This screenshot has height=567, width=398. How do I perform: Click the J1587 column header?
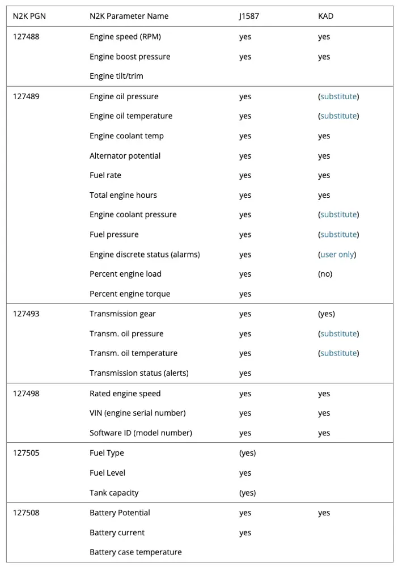(x=249, y=16)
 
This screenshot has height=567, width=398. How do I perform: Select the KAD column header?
(x=325, y=16)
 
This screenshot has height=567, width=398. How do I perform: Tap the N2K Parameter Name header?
(x=129, y=16)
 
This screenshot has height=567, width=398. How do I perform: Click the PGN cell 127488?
(x=26, y=37)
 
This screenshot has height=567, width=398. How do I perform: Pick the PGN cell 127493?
(x=26, y=314)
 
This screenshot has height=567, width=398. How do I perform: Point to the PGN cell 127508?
(x=26, y=513)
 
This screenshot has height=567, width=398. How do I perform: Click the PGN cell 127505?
(x=26, y=453)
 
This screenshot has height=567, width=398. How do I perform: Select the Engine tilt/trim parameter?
(x=116, y=76)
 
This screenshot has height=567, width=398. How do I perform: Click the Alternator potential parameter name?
(x=125, y=155)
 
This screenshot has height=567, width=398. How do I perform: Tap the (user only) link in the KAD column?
(x=337, y=255)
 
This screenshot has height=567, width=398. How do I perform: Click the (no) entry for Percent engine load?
(x=325, y=274)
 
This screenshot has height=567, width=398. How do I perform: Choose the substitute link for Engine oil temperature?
(x=338, y=116)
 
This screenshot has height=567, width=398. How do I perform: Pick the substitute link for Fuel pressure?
(x=338, y=234)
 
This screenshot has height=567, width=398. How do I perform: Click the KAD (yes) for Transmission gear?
(x=326, y=314)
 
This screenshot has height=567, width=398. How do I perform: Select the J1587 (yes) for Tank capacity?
(x=247, y=493)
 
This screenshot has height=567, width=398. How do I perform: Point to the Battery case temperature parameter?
(x=136, y=552)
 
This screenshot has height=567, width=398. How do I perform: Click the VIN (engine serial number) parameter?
(x=137, y=413)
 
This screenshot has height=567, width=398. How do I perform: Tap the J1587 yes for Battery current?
(x=245, y=532)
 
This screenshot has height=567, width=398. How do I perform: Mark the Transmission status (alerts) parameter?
(x=139, y=373)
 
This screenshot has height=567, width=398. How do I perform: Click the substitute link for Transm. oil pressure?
(x=338, y=333)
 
